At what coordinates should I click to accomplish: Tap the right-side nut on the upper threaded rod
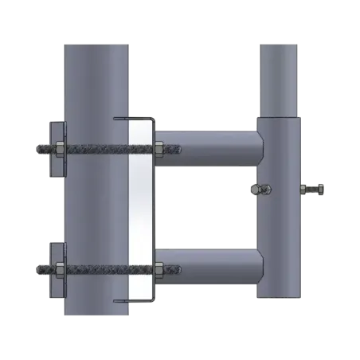tap(159, 147)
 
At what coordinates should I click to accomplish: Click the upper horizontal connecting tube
tap(207, 147)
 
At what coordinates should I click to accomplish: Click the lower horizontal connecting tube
tap(207, 269)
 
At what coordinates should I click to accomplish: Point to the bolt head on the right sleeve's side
tap(313, 190)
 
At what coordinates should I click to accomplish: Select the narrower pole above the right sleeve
tap(277, 76)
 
